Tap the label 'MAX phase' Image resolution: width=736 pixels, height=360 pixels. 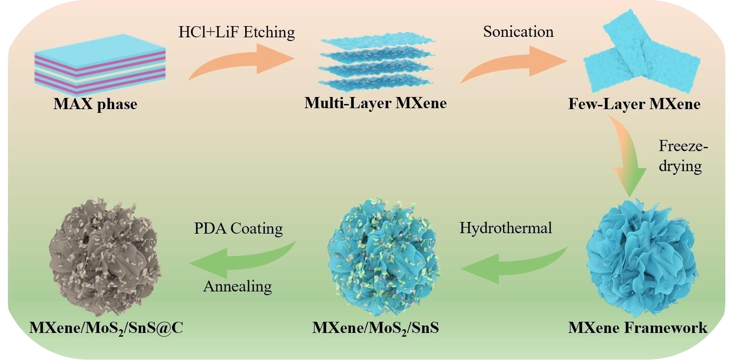pos(96,103)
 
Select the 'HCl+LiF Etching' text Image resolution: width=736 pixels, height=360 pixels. pos(236,32)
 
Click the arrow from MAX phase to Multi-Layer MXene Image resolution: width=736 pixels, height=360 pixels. pos(242,62)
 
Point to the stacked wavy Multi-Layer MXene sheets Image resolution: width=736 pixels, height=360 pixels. pos(375,64)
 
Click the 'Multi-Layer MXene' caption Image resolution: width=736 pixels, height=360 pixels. pos(375,103)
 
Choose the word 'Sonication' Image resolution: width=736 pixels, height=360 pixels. pos(518,31)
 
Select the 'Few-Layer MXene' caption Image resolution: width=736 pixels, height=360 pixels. pos(634,104)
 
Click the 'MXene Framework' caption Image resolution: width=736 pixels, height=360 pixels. pos(637,327)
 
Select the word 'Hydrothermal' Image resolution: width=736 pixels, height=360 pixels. pos(506,228)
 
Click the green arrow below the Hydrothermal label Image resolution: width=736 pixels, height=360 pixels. pos(513,264)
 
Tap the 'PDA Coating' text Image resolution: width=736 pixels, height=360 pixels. pos(238,228)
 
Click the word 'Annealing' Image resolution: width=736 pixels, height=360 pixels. pos(237,286)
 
